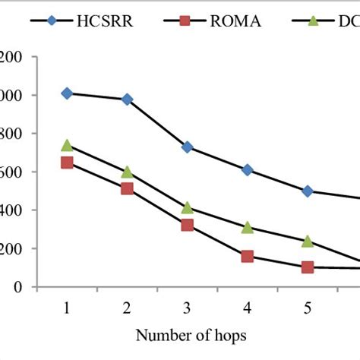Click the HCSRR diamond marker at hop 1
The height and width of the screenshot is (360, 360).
67,93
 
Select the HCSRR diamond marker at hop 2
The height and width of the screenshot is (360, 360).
127,99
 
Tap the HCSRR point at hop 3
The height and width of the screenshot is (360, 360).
187,147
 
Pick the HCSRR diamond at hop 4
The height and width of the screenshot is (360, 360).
248,170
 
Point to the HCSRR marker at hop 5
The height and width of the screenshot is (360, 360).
308,191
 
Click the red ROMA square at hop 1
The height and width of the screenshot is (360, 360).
67,163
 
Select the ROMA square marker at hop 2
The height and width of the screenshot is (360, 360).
127,188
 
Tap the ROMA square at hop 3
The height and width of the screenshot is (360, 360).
187,225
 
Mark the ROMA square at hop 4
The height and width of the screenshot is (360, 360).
248,256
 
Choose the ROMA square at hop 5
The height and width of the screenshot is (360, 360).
308,267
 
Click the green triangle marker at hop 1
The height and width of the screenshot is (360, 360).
67,145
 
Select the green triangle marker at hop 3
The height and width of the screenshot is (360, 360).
187,207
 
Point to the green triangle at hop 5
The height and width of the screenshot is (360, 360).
308,241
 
